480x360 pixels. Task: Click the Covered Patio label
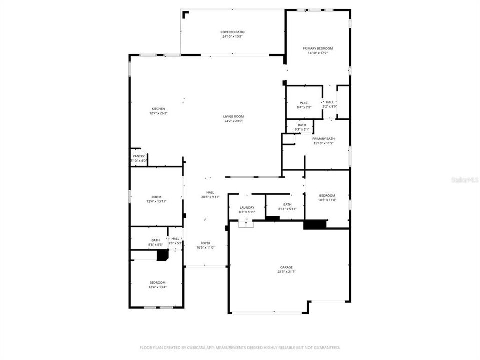tap(233, 32)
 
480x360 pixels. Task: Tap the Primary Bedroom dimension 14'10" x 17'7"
tap(318, 53)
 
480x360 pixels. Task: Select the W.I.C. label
tap(304, 103)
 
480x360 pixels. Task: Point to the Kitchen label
tap(158, 109)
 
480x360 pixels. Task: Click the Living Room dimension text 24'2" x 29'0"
tap(233, 121)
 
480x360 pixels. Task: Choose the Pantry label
tap(138, 156)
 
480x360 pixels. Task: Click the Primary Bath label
tap(323, 139)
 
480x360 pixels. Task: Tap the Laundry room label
tap(247, 208)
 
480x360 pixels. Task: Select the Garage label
tap(286, 267)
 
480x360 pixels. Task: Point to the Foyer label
tap(206, 243)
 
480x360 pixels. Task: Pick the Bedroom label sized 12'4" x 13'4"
tap(157, 282)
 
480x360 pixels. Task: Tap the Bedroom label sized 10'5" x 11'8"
tap(327, 195)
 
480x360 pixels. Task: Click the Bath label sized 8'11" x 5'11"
tap(287, 204)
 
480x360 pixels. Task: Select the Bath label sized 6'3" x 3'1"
tap(302, 125)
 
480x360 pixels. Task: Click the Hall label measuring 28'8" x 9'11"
tap(210, 192)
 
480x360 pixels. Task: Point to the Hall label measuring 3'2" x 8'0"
tap(330, 102)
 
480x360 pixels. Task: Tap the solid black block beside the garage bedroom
tap(315, 224)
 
